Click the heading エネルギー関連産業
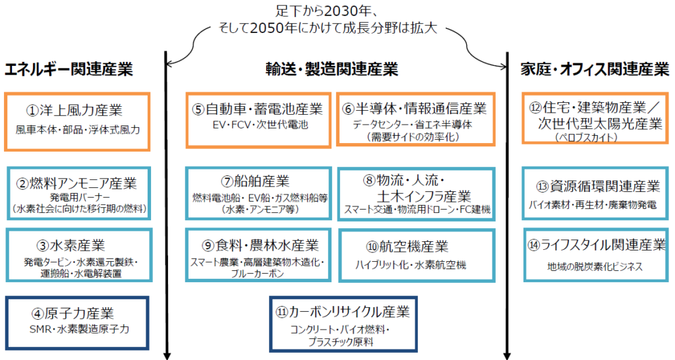(69, 69)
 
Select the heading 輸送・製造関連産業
(332, 69)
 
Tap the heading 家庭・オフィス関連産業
(595, 69)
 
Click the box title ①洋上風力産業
(74, 110)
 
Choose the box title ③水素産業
(71, 245)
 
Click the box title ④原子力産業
(73, 313)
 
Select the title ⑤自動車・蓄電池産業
(257, 109)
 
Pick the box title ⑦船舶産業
(255, 181)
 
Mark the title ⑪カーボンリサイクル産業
(343, 312)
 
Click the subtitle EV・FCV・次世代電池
(260, 125)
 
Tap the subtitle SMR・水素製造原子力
(79, 329)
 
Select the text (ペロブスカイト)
(586, 137)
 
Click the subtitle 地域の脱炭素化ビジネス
(595, 267)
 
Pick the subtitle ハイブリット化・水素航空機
(411, 265)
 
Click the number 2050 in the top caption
(266, 28)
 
